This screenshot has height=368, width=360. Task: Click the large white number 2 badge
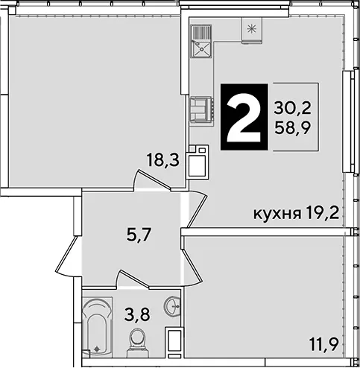244,117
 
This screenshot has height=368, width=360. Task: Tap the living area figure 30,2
292,109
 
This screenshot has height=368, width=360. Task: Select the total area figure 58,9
293,128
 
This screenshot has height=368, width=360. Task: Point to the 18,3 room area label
163,160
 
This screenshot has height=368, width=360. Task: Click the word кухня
277,214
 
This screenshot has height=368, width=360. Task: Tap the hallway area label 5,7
139,235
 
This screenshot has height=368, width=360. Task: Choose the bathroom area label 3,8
137,314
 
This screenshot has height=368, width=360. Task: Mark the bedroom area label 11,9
324,344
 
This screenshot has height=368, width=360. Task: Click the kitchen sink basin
201,49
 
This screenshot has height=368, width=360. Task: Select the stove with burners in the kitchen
201,110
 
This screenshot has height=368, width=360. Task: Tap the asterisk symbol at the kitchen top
252,30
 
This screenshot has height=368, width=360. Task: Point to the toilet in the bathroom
138,343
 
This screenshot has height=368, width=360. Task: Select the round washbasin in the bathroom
172,306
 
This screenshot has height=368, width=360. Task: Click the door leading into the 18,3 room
152,180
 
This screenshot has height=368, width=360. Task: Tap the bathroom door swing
133,279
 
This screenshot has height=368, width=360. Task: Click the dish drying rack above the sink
201,33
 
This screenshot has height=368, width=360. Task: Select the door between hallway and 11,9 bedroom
192,267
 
